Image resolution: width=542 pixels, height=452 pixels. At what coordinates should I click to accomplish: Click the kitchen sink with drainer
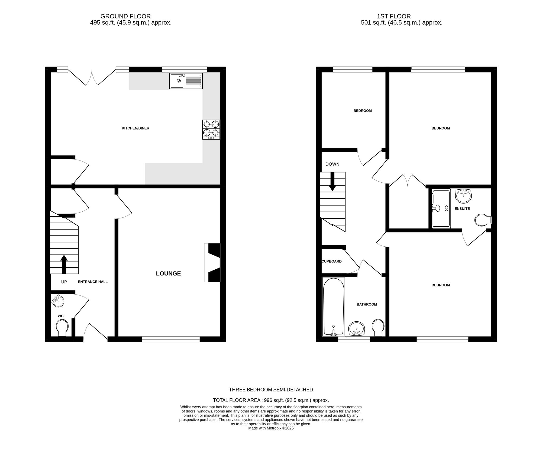tap(186, 81)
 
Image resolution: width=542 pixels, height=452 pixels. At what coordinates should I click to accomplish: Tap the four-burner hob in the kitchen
tap(211, 130)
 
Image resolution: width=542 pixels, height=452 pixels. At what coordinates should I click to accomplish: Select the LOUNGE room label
tap(168, 273)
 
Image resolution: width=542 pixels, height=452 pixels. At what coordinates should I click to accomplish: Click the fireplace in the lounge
tap(213, 263)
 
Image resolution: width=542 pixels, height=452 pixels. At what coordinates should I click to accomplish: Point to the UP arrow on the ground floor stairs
tap(64, 264)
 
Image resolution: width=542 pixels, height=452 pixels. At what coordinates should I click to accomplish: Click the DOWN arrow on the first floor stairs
tap(333, 181)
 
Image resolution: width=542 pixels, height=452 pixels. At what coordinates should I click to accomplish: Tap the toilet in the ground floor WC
tap(62, 327)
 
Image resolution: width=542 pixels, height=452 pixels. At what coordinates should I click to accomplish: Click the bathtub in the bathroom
tap(334, 306)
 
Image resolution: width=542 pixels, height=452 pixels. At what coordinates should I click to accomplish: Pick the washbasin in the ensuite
tap(463, 196)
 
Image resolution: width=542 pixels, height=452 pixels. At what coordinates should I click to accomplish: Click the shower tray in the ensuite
tap(441, 208)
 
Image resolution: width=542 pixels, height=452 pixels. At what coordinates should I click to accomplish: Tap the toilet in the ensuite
tap(482, 220)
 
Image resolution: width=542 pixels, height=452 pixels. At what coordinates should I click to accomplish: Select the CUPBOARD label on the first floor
tap(331, 261)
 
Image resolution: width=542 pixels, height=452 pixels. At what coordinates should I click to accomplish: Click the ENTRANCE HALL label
tap(93, 282)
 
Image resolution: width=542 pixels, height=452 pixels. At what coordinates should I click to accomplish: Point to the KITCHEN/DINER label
tap(135, 128)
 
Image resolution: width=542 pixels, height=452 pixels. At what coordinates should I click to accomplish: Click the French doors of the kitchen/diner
tap(92, 77)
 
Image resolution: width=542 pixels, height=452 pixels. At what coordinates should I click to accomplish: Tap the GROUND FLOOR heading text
tap(125, 16)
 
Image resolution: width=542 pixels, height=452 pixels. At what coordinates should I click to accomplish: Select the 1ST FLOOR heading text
tap(394, 16)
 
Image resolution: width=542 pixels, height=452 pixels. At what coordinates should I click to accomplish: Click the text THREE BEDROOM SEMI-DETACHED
tap(271, 390)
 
